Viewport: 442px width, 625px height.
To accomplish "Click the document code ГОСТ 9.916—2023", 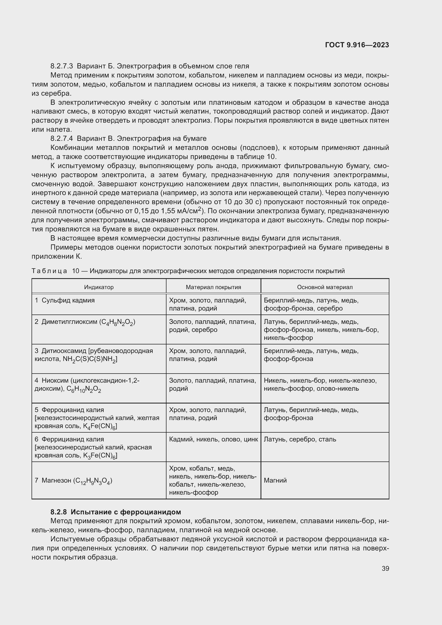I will coord(357,45).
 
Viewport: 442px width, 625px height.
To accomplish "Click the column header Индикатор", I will coord(99,287).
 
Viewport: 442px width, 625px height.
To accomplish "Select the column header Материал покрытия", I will coord(213,287).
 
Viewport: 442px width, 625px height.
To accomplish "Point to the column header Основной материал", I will coord(325,287).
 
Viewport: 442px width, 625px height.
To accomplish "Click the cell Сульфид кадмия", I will coord(68,300).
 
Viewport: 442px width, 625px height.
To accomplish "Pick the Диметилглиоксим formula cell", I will coord(85,322).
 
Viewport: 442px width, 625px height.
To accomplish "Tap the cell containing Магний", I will coord(275,480).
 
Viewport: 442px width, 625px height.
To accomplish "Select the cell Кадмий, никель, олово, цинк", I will coord(213,439).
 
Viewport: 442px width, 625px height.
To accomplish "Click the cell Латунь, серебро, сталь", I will coord(300,439).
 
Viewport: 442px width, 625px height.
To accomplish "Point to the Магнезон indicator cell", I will coord(73,480).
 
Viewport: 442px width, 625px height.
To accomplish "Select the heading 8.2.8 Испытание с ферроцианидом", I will coord(116,512).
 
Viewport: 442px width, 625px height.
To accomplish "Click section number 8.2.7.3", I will coord(61,66).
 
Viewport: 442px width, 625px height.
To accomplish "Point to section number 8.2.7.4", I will coord(61,139).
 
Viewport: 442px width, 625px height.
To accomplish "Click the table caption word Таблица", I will coord(49,271).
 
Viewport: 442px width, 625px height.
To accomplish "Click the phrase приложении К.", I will coord(57,257).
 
